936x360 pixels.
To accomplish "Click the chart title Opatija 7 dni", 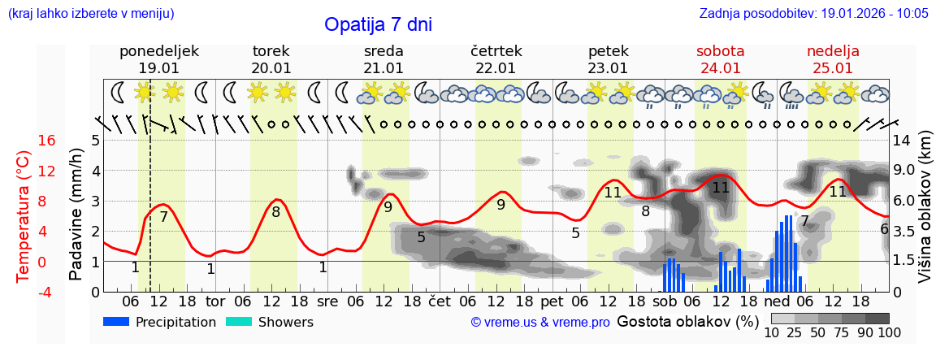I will click(x=378, y=24).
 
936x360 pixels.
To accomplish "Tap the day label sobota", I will click(x=721, y=51).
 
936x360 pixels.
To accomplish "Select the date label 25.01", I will click(x=833, y=68).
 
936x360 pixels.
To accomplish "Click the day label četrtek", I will click(x=496, y=51).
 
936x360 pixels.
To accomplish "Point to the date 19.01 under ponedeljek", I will click(x=158, y=68).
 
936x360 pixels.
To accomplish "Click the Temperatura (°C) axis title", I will click(x=24, y=215).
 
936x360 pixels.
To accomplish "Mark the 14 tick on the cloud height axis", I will click(x=903, y=141).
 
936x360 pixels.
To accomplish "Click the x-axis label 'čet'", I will click(x=439, y=301).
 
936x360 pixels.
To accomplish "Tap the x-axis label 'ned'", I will click(x=777, y=301).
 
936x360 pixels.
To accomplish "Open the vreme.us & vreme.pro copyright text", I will click(x=540, y=323).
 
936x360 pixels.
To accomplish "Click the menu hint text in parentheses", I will click(x=91, y=13).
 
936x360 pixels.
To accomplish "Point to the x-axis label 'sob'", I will click(x=665, y=301).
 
